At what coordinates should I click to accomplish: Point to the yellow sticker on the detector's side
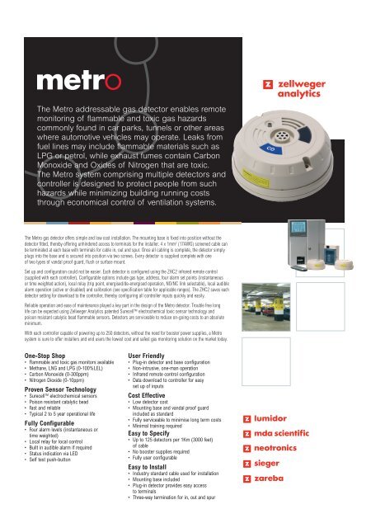320,154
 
